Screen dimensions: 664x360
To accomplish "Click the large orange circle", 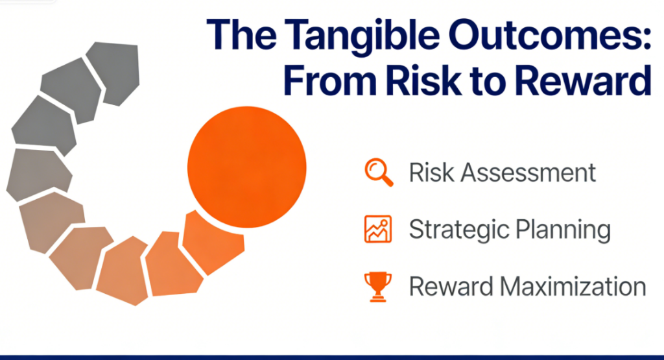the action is coord(247,167).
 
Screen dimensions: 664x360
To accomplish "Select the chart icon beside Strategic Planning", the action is coord(378,229).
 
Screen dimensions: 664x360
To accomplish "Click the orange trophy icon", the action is coord(378,287).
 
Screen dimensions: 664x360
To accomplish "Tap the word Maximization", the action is coord(573,287).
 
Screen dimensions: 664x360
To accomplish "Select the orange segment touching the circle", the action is coord(213,242).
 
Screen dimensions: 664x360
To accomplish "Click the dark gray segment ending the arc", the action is coord(113,72).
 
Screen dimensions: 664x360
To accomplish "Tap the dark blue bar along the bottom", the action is coord(332,357).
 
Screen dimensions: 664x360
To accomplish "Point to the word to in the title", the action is coord(490,81).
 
